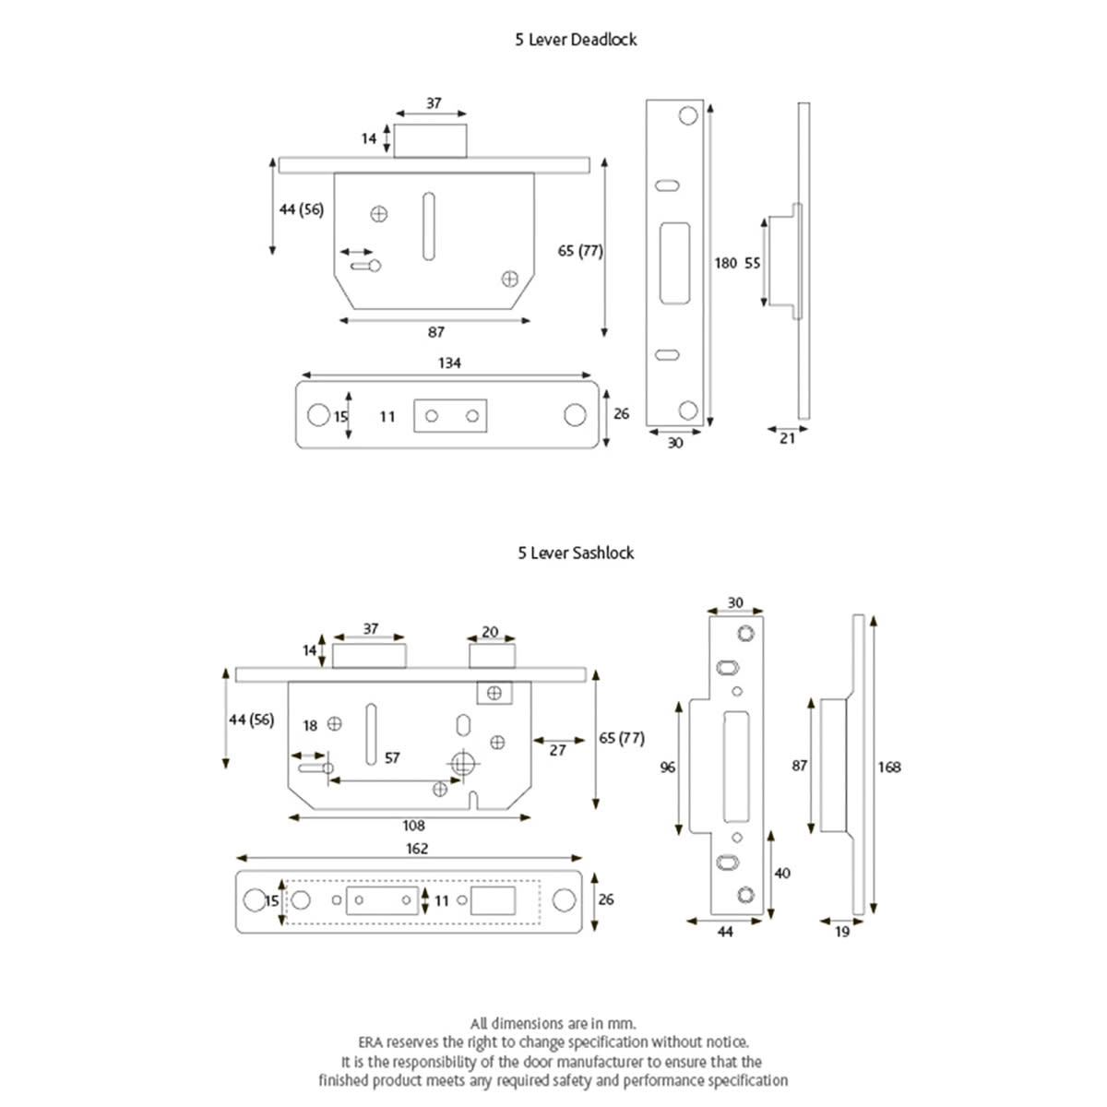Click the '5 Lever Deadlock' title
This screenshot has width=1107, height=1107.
pyautogui.click(x=576, y=40)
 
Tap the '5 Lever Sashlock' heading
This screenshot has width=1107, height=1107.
pyautogui.click(x=576, y=553)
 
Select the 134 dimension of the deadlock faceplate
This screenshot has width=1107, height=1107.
pyautogui.click(x=449, y=363)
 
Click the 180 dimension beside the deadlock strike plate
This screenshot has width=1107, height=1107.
pyautogui.click(x=726, y=263)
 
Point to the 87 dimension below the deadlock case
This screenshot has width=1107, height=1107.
pyautogui.click(x=436, y=332)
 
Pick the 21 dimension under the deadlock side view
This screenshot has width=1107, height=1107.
pyautogui.click(x=787, y=439)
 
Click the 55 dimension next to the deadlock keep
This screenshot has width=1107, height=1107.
pyautogui.click(x=753, y=263)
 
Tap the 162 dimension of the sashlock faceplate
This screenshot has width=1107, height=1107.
pyautogui.click(x=417, y=848)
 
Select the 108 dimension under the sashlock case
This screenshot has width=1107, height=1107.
pyautogui.click(x=413, y=826)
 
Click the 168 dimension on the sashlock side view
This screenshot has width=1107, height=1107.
pyautogui.click(x=889, y=767)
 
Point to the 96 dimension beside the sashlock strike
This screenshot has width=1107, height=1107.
pyautogui.click(x=668, y=767)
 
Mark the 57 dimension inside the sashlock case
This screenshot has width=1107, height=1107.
pyautogui.click(x=392, y=757)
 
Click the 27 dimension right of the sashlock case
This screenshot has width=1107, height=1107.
pyautogui.click(x=557, y=751)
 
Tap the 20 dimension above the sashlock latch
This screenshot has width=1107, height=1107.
pyautogui.click(x=490, y=632)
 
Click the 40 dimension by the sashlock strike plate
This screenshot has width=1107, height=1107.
pyautogui.click(x=782, y=873)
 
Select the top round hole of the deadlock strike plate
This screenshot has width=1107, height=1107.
pyautogui.click(x=688, y=115)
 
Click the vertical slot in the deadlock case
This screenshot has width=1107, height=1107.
pyautogui.click(x=427, y=226)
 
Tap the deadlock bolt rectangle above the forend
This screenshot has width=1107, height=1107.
pyautogui.click(x=431, y=138)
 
